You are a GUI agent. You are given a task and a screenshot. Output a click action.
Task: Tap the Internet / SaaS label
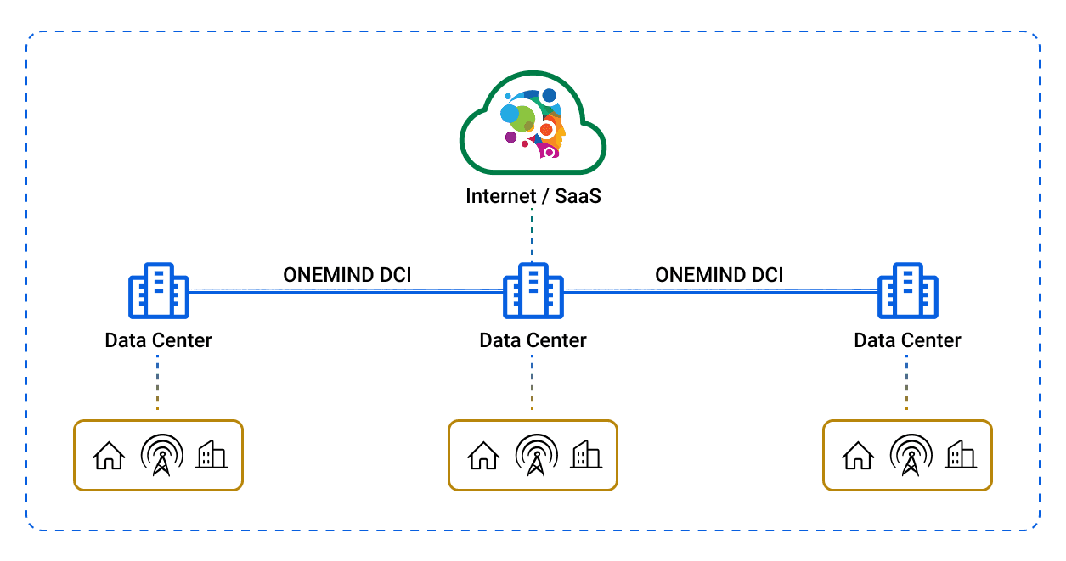[533, 196]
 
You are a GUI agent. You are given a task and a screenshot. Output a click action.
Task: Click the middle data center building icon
[533, 289]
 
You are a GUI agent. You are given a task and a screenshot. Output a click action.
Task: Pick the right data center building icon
[907, 289]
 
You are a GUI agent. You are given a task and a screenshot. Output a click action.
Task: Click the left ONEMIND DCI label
[347, 275]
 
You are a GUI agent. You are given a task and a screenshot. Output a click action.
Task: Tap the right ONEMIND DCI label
[719, 275]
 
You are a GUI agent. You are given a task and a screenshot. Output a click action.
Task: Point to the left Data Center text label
[158, 340]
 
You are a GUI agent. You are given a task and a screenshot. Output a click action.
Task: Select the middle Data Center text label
[533, 340]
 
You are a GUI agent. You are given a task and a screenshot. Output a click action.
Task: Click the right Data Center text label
[907, 340]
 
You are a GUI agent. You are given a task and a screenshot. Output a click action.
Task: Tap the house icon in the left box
[109, 456]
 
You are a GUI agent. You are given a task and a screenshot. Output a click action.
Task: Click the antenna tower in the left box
[161, 455]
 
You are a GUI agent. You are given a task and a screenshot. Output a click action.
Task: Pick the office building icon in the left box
[211, 455]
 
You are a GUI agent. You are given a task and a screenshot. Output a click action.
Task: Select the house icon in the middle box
[483, 456]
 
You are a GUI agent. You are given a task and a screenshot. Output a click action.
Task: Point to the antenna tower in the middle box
[535, 455]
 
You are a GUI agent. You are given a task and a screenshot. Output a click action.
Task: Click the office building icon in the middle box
[585, 455]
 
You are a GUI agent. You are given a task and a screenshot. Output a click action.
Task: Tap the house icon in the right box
[858, 456]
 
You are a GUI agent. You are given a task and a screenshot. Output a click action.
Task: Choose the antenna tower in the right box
[910, 455]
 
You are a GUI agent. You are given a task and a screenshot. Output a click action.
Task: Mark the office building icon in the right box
[960, 455]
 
